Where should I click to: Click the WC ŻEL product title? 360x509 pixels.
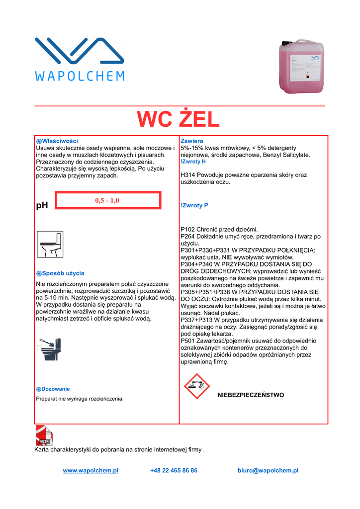pyautogui.click(x=178, y=120)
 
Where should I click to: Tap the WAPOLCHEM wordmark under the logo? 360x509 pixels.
pyautogui.click(x=80, y=76)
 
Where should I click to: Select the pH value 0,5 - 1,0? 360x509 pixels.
pyautogui.click(x=107, y=200)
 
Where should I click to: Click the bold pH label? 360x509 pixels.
pyautogui.click(x=42, y=205)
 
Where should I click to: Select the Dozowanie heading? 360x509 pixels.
pyautogui.click(x=55, y=389)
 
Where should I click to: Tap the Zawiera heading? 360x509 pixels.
pyautogui.click(x=191, y=141)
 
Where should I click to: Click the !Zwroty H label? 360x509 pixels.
pyautogui.click(x=193, y=162)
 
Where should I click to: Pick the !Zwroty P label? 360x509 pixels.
pyautogui.click(x=194, y=205)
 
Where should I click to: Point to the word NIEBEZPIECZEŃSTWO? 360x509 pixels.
pyautogui.click(x=251, y=395)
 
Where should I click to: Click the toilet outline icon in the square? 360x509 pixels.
pyautogui.click(x=50, y=244)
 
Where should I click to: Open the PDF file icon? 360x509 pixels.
pyautogui.click(x=44, y=435)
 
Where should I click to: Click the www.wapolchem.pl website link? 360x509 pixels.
pyautogui.click(x=90, y=470)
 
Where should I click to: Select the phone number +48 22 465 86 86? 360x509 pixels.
pyautogui.click(x=174, y=470)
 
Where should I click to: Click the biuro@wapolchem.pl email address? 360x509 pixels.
pyautogui.click(x=268, y=470)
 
